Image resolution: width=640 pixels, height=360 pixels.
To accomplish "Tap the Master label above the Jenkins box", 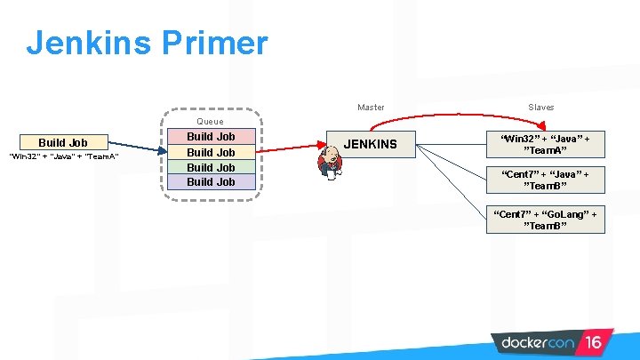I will tap(371, 108).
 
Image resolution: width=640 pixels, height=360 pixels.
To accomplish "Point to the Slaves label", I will tap(540, 108).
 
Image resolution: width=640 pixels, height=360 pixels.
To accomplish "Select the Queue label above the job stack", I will tap(211, 121).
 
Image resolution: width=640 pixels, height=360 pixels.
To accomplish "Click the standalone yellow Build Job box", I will tap(62, 142).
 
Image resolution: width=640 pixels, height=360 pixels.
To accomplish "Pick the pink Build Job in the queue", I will tap(211, 137).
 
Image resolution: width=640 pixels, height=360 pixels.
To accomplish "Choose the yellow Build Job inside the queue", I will tap(211, 152).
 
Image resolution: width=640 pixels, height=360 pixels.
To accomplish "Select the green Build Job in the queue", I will tap(211, 167).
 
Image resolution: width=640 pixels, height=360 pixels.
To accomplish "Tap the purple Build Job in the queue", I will tap(211, 181).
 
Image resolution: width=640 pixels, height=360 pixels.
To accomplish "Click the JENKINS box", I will tap(371, 143).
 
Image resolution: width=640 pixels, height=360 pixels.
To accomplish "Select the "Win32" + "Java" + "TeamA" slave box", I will tap(546, 145).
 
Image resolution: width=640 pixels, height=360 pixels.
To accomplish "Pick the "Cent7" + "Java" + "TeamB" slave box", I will tap(546, 180).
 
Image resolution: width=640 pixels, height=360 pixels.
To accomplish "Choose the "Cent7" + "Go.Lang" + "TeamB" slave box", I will tap(546, 220).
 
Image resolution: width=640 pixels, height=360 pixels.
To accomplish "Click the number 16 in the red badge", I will tap(594, 342).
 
